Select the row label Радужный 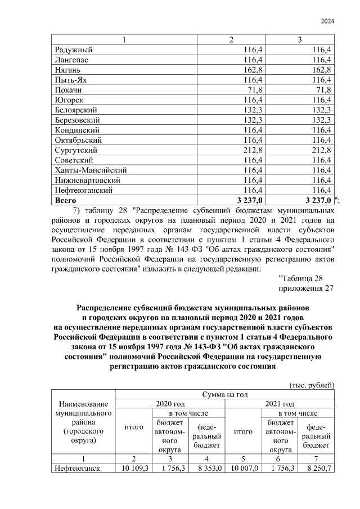coord(73,50)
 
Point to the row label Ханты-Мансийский coord(90,170)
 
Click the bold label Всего coord(66,200)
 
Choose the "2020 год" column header coord(170,404)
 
